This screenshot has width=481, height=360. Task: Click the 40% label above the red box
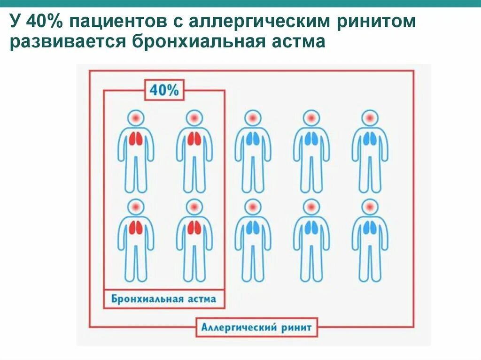(164, 90)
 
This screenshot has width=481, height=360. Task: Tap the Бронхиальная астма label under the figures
(164, 299)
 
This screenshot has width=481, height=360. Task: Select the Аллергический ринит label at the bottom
(256, 327)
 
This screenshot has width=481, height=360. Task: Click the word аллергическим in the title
(245, 22)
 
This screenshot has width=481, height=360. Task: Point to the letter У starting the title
(16, 22)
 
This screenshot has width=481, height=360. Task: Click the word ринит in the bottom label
(295, 327)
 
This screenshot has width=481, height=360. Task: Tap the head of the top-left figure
(136, 117)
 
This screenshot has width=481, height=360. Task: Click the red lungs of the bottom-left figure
(136, 228)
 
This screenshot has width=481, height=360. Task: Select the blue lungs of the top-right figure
(370, 138)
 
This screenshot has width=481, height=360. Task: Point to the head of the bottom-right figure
(370, 206)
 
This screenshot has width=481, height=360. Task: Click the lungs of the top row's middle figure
(253, 138)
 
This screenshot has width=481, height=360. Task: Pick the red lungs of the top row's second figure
(194, 138)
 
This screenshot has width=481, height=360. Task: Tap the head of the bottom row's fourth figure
(311, 206)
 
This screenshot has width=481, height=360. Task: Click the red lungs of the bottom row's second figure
(194, 228)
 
